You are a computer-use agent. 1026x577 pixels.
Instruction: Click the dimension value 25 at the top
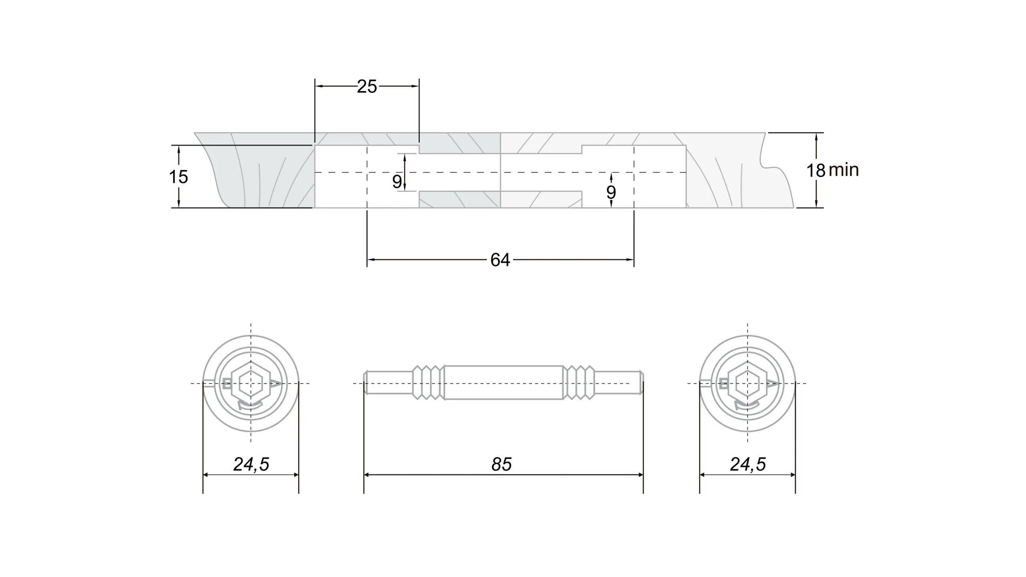367,87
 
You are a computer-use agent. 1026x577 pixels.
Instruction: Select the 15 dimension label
178,177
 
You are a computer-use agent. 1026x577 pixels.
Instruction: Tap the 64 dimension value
500,260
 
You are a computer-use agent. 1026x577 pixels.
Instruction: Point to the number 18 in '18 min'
816,171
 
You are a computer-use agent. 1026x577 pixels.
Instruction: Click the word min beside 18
844,171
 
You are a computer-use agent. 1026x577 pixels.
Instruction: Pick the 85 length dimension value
501,464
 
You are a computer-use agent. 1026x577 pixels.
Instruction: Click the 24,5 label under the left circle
251,464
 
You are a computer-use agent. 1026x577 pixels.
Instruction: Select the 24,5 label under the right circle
748,464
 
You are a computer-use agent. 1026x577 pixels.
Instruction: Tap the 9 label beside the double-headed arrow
397,182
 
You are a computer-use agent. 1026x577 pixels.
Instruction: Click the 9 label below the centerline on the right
611,192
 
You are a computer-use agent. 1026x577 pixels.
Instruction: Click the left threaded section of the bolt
428,383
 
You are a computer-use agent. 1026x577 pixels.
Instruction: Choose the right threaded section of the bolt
579,383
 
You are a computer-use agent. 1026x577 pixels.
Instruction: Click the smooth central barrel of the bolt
503,383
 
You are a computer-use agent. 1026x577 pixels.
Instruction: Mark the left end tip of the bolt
364,383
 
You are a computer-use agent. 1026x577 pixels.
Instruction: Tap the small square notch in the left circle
227,383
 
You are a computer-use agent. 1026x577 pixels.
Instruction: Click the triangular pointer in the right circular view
772,384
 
